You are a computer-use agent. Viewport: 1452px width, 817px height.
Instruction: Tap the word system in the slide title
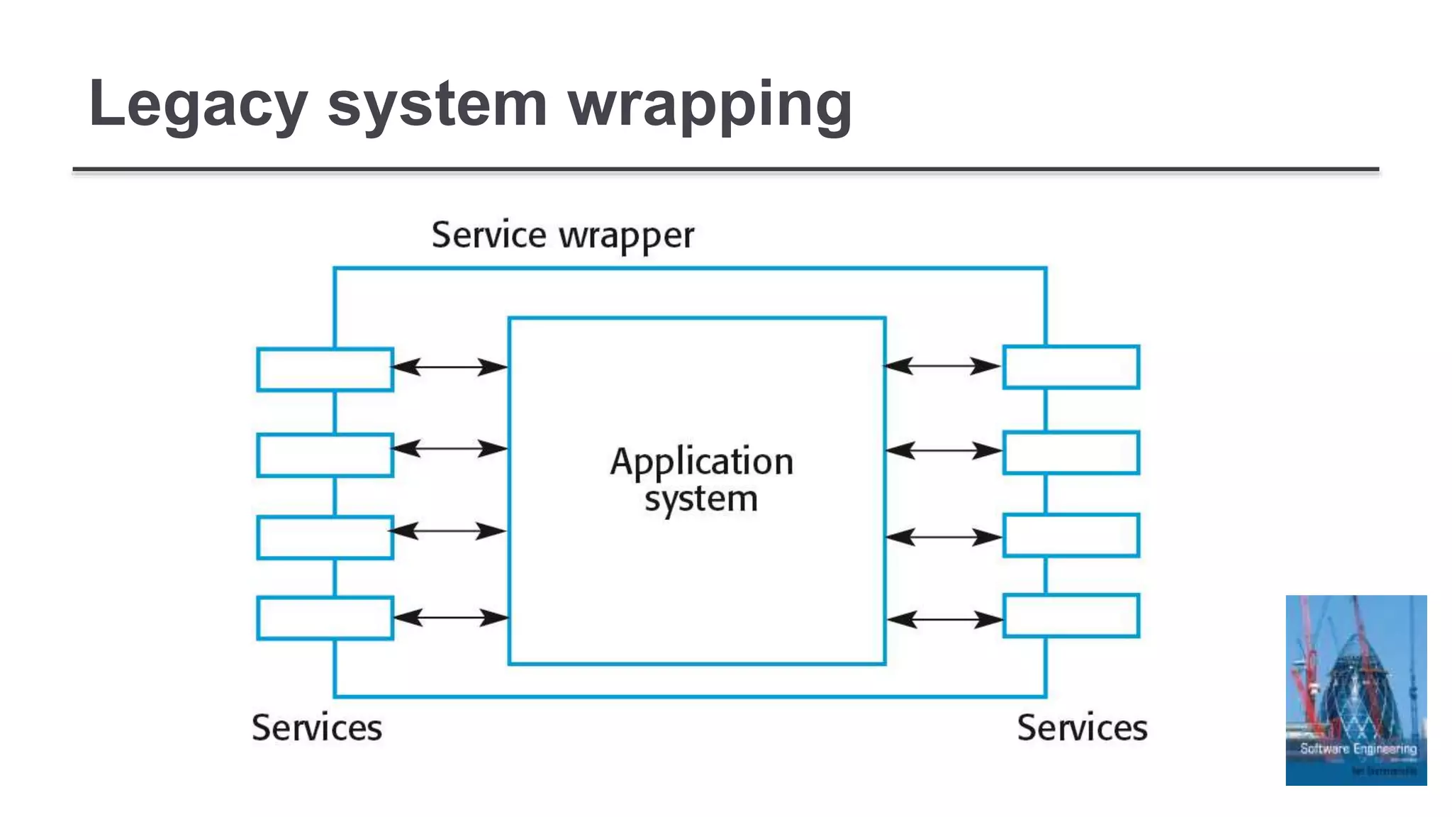point(437,105)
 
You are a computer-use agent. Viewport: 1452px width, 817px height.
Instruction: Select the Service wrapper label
point(563,235)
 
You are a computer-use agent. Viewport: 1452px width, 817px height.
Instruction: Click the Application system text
point(700,480)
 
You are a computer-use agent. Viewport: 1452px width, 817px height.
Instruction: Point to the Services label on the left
point(317,728)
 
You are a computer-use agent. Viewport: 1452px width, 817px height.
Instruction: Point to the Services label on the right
point(1082,728)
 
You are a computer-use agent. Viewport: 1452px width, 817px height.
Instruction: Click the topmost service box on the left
point(325,369)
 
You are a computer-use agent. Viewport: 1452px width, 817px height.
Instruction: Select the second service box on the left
point(325,455)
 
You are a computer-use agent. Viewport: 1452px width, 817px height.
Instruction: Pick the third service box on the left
point(325,538)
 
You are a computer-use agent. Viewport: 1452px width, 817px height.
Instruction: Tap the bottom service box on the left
point(325,618)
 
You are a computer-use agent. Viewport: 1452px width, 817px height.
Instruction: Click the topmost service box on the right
point(1071,367)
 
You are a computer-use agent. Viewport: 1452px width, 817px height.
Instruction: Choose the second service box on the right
point(1071,452)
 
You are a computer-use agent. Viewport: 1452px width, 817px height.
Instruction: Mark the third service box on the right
point(1071,535)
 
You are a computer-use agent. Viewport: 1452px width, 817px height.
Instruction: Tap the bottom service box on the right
point(1071,616)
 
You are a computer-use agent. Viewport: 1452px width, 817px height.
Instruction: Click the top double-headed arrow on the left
point(449,367)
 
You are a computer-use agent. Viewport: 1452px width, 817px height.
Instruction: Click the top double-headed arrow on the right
point(942,366)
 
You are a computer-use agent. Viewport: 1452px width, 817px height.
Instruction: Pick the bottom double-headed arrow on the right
point(944,620)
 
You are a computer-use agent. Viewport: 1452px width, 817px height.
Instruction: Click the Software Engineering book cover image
point(1356,690)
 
